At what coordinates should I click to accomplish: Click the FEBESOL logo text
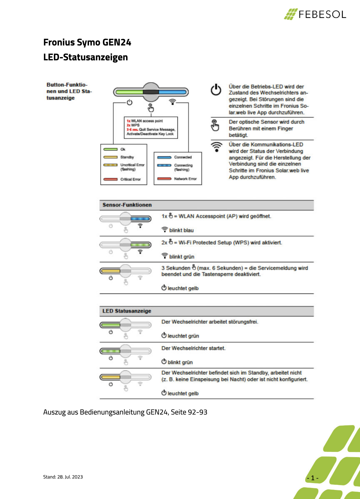(322, 14)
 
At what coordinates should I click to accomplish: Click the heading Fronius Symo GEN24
(87, 42)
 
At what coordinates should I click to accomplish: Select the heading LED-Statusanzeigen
(85, 57)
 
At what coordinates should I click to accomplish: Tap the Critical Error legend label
(131, 179)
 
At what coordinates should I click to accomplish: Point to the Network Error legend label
(185, 179)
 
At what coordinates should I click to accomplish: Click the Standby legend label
(127, 157)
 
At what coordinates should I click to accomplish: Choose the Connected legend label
(183, 157)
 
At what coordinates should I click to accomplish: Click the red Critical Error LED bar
(110, 179)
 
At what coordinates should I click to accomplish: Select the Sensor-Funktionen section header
(127, 205)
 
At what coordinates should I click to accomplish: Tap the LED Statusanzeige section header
(127, 311)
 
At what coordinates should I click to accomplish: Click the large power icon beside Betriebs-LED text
(216, 90)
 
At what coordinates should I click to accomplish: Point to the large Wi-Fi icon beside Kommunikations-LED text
(217, 147)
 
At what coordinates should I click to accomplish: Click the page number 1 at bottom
(313, 478)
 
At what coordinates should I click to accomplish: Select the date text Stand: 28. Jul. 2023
(63, 477)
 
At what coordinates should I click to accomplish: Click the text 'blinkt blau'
(181, 230)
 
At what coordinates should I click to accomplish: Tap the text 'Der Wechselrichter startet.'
(193, 348)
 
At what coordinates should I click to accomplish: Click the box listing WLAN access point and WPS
(151, 127)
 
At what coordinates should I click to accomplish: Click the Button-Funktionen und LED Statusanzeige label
(69, 91)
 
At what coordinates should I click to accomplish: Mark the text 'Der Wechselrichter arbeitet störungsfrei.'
(209, 322)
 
